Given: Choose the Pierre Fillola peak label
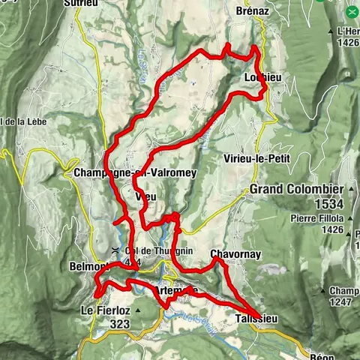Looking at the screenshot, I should coord(313,218).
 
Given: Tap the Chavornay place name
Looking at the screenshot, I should coord(235,254).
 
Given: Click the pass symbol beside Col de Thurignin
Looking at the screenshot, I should coord(115,250).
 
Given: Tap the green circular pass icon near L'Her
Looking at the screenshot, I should coord(352,13).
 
